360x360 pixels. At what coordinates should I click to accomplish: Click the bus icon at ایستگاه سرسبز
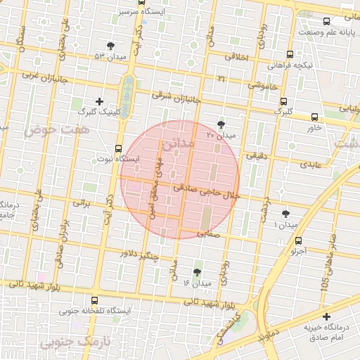143,3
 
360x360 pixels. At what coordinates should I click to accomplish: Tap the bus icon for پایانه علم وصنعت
327,22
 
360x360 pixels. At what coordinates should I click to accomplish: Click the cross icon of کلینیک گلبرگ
99,101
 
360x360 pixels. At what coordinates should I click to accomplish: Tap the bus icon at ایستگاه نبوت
117,148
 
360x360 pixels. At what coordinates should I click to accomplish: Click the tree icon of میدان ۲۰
222,122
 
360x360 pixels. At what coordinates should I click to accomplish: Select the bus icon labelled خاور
314,117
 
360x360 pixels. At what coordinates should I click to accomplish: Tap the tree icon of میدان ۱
285,213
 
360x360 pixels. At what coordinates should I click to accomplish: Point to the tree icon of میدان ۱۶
197,272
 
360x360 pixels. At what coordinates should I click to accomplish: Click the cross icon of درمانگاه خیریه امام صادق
326,317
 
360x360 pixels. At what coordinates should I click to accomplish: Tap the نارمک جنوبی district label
68,342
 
